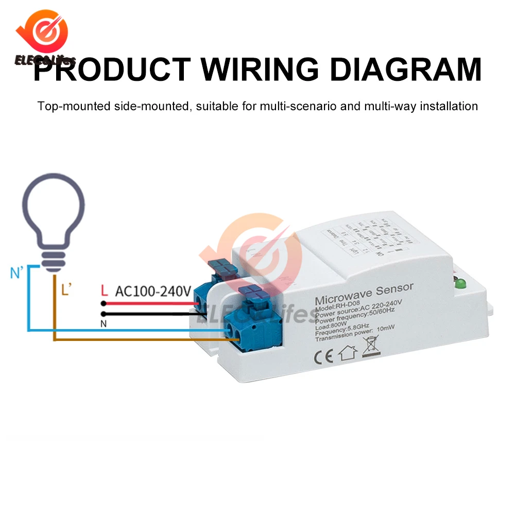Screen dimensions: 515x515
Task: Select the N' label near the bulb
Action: click(x=18, y=272)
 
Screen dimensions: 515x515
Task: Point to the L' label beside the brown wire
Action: click(x=65, y=290)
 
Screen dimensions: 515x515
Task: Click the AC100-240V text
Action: click(x=153, y=291)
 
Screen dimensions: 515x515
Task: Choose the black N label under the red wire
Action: click(x=104, y=323)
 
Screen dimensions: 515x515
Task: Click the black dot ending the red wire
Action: click(x=104, y=303)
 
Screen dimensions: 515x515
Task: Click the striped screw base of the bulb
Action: click(x=54, y=257)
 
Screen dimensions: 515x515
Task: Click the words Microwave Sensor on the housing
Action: click(x=364, y=295)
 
